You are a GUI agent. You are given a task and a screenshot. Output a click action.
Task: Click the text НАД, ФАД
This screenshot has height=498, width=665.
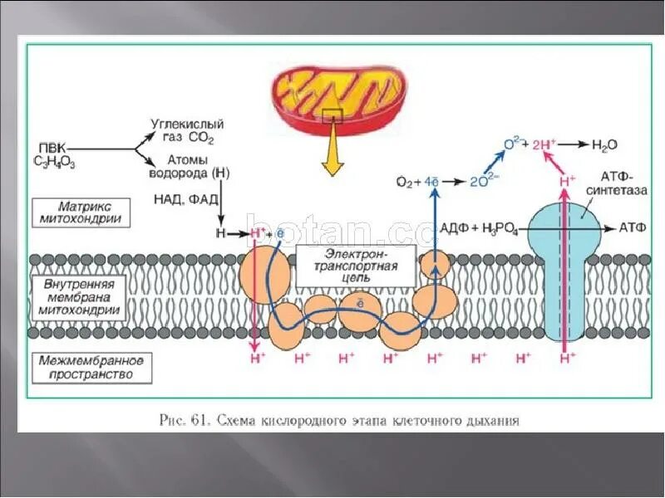click(187, 199)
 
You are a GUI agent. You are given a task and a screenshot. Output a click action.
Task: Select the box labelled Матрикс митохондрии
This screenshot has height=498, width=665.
click(82, 212)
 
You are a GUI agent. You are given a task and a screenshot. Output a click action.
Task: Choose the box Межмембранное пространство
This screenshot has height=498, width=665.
click(91, 368)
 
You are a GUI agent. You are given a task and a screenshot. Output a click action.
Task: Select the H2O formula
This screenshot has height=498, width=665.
click(604, 145)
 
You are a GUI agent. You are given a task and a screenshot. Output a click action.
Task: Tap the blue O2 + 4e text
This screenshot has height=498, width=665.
click(417, 181)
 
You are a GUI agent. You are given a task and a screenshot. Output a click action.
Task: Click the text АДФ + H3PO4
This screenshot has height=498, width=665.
click(479, 228)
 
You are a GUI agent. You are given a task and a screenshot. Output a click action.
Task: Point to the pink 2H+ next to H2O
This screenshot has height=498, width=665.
click(542, 144)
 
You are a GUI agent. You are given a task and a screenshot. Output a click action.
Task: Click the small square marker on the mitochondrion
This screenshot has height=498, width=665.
click(332, 115)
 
